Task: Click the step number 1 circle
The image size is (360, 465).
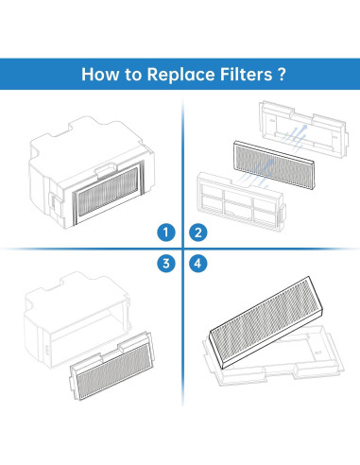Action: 167,232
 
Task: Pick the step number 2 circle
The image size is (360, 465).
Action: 197,232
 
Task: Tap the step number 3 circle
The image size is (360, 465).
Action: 167,264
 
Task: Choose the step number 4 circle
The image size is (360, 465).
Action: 197,264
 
